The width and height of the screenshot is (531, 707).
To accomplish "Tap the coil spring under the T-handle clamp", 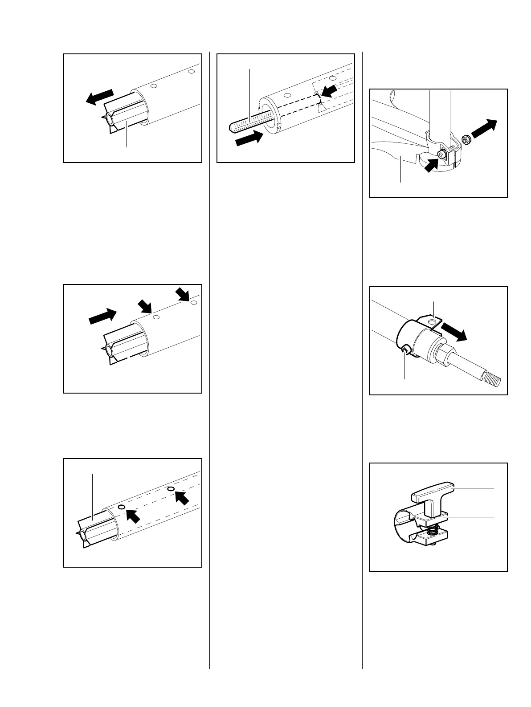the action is coord(432,530).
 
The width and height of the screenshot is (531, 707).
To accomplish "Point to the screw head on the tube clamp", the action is coord(442,154).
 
